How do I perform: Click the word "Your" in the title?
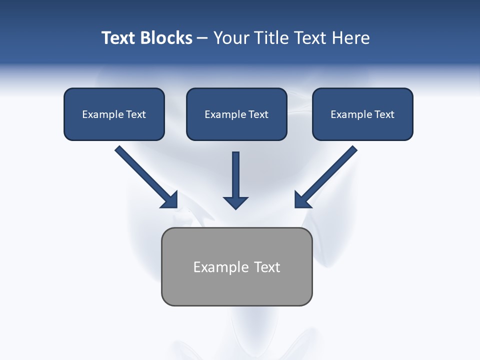coord(230,38)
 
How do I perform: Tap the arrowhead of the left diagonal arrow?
coord(170,200)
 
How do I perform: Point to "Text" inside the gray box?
coord(267,267)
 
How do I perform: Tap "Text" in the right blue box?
coord(384,114)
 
